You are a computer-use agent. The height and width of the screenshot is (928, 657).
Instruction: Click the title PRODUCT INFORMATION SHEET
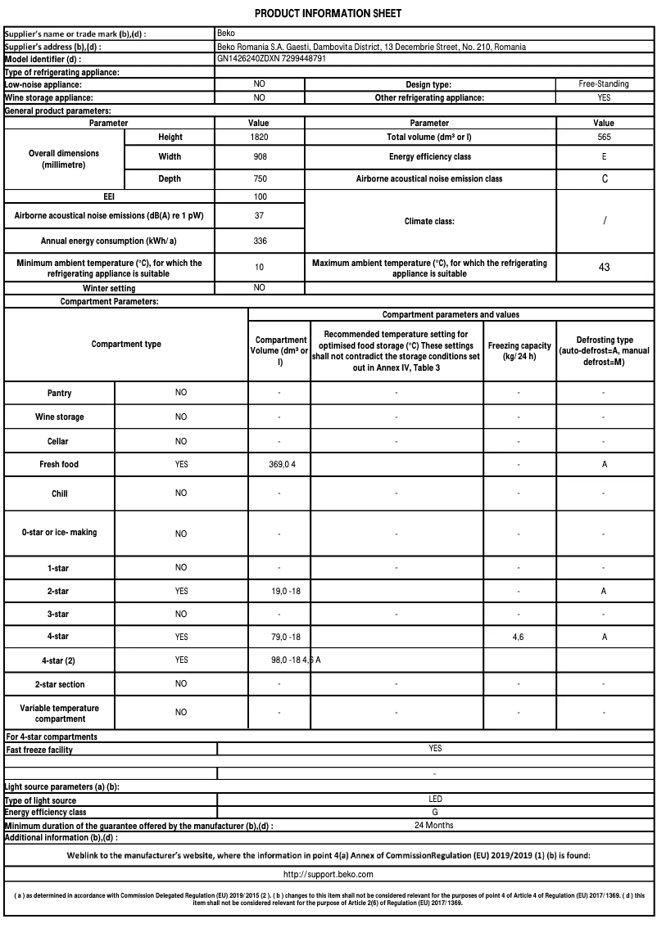[x=328, y=14]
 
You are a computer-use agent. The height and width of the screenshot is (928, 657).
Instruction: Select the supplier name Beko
[x=226, y=34]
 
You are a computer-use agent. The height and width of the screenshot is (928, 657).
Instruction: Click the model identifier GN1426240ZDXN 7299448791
[x=272, y=59]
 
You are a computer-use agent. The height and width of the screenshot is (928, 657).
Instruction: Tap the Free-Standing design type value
[x=604, y=84]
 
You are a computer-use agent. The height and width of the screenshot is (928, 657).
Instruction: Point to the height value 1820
[x=259, y=137]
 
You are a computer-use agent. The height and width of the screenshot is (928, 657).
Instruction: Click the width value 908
[x=259, y=156]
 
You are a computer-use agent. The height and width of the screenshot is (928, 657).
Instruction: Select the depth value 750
[x=259, y=178]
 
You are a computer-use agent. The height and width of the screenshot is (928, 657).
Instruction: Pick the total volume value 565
[x=604, y=137]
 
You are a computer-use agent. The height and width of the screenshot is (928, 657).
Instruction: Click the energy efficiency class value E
[x=604, y=156]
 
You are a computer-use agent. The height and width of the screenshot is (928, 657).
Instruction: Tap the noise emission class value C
[x=605, y=178]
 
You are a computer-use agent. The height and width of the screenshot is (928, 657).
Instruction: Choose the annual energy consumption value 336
[x=259, y=241]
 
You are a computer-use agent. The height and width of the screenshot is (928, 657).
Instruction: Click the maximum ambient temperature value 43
[x=604, y=268]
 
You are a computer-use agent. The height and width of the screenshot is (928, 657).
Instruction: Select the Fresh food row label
[x=59, y=464]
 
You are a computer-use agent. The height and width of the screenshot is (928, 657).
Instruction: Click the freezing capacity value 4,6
[x=519, y=637]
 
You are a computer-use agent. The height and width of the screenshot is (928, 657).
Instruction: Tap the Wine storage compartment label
[x=59, y=417]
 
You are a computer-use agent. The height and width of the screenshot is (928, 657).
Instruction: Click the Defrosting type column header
[x=604, y=350]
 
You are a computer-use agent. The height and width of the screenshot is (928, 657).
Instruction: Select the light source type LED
[x=435, y=799]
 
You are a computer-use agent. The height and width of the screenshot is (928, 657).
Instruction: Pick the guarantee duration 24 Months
[x=434, y=825]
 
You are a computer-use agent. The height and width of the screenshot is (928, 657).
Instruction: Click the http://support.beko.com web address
[x=328, y=874]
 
